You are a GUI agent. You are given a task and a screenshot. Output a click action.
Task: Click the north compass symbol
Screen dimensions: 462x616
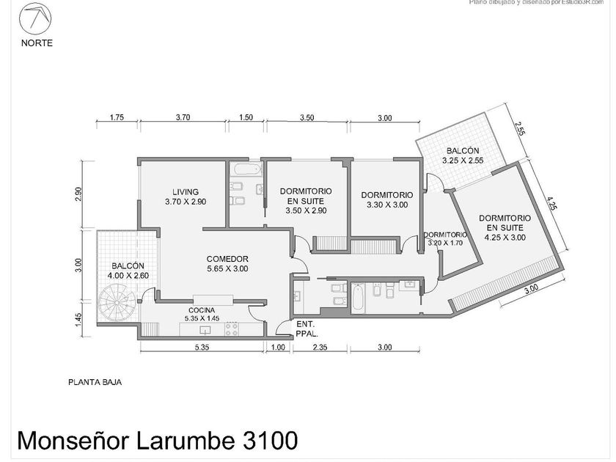pyautogui.click(x=36, y=18)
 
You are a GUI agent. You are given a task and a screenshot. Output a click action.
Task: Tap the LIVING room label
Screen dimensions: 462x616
pyautogui.click(x=180, y=192)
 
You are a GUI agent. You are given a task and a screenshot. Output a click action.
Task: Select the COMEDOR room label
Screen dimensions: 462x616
pyautogui.click(x=227, y=258)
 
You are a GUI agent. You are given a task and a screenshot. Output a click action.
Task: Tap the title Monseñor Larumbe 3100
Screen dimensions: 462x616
pyautogui.click(x=156, y=440)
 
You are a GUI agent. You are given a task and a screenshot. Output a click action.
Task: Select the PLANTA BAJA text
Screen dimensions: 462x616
pyautogui.click(x=95, y=381)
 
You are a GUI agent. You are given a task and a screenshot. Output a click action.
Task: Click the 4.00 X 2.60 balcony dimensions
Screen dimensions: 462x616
pyautogui.click(x=128, y=275)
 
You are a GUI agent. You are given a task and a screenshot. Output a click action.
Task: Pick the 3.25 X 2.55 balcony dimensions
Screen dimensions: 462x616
pyautogui.click(x=463, y=160)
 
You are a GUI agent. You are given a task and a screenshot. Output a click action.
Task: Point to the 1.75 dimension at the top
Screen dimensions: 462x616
pyautogui.click(x=115, y=117)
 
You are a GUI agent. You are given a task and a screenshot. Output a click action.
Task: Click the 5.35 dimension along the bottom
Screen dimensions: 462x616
pyautogui.click(x=202, y=348)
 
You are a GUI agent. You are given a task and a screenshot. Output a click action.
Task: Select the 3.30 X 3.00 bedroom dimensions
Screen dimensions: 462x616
pyautogui.click(x=386, y=205)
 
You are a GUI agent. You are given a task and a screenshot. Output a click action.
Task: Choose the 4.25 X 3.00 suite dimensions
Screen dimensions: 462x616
pyautogui.click(x=505, y=237)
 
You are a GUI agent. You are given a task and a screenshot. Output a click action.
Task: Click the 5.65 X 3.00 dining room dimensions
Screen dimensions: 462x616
pyautogui.click(x=227, y=268)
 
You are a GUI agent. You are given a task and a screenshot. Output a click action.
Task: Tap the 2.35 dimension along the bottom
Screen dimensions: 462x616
pyautogui.click(x=319, y=348)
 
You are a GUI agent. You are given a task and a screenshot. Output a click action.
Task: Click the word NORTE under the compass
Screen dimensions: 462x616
pyautogui.click(x=36, y=43)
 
